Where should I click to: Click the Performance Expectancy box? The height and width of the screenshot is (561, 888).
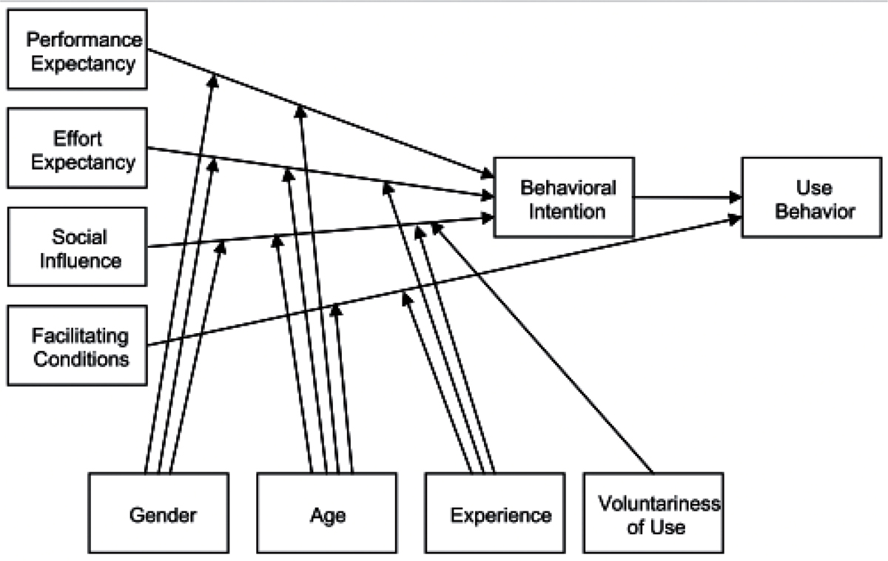77,49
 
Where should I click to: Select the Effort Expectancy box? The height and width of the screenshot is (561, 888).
77,148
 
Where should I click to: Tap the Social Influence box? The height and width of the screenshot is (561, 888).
77,246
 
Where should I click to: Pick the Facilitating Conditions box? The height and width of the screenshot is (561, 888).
77,346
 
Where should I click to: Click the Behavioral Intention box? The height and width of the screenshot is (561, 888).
564,198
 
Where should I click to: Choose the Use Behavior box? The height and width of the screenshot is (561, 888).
812,198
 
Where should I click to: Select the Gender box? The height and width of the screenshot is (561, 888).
158,513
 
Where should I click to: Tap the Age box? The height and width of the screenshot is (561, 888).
326,513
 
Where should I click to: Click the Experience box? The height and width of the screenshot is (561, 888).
495,513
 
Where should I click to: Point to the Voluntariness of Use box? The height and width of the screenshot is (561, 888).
653,513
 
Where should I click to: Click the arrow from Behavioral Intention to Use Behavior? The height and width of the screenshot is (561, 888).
687,197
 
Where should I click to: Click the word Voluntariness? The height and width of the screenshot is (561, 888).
659,503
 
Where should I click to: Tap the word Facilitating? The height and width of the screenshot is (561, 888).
80,336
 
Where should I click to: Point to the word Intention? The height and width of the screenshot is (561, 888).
568,212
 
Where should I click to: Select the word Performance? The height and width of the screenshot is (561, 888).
84,40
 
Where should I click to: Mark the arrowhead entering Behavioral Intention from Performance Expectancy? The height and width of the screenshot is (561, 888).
488,174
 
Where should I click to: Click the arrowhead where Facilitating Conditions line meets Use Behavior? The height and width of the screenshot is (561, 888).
736,219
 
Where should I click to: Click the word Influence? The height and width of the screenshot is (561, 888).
81,261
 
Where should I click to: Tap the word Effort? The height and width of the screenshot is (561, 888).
78,138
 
